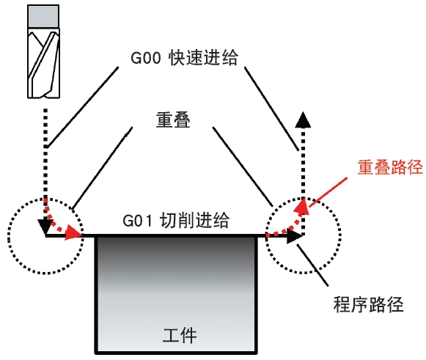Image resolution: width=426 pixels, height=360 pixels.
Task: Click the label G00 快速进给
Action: tap(184, 57)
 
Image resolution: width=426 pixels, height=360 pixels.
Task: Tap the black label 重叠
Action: tap(173, 120)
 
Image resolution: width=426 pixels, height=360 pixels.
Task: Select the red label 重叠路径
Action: tap(390, 167)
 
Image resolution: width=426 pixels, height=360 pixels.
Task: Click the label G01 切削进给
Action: tap(176, 220)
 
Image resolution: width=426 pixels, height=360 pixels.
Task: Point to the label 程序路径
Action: tap(368, 304)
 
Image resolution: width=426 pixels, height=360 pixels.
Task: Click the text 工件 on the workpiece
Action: tap(180, 335)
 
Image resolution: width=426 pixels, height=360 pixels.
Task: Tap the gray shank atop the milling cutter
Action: tap(43, 16)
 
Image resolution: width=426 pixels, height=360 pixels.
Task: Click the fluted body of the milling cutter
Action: tap(43, 63)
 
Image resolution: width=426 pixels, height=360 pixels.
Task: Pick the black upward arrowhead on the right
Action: tap(303, 120)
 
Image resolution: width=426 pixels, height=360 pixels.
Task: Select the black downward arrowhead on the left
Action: tap(45, 227)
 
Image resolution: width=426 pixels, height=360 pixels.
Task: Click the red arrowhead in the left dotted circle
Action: tap(73, 232)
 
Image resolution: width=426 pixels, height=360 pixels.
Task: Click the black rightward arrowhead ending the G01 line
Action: tap(295, 235)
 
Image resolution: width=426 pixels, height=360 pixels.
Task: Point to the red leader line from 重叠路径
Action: tap(328, 192)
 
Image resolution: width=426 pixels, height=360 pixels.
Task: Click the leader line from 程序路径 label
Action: tap(312, 265)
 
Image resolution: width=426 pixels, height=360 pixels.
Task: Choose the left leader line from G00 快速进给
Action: tap(82, 107)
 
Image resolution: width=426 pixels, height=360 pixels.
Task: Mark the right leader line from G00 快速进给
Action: tap(272, 109)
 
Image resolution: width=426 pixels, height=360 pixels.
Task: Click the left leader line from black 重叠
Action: tap(103, 168)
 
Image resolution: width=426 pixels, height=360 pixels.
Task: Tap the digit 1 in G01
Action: tap(149, 221)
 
